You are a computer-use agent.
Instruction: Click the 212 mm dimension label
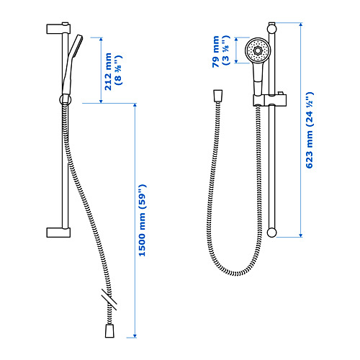coord(108,71)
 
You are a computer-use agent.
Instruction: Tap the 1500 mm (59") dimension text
coord(142,220)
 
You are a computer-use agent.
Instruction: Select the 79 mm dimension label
coord(216,51)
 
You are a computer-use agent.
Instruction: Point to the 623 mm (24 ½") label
coord(310,130)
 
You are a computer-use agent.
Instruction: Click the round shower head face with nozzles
coord(258,50)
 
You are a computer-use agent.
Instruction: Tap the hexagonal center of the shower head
coord(258,50)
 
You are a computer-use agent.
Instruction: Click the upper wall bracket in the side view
coord(58,29)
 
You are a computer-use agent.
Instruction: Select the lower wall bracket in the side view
coord(58,233)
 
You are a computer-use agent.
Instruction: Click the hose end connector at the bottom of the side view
coord(109,331)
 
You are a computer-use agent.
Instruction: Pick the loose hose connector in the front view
coord(217,96)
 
